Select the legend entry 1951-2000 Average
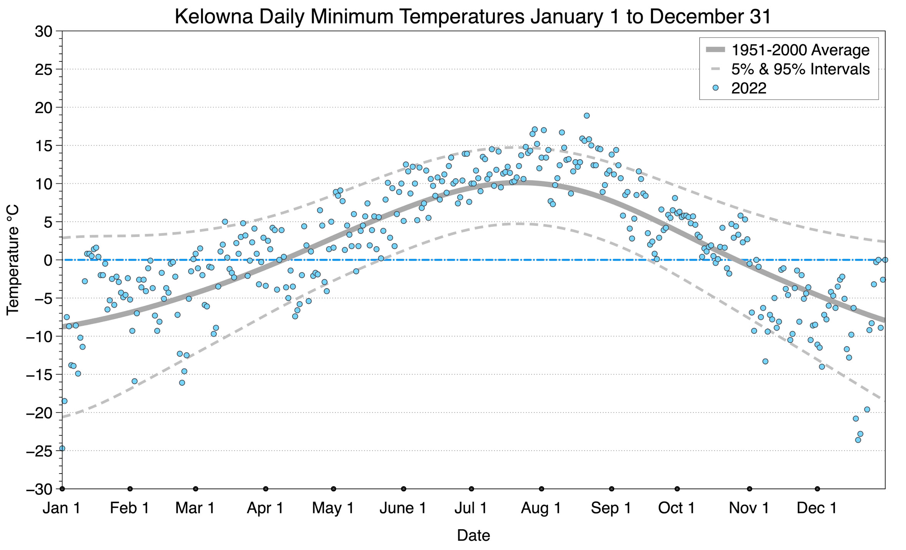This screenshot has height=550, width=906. point(800,50)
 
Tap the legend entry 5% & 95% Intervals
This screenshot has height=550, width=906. point(800,69)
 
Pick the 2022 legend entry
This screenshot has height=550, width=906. point(749,88)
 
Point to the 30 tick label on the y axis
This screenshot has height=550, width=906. point(43,31)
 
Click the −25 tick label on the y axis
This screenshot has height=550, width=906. point(39,451)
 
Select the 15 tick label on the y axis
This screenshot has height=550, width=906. point(43,146)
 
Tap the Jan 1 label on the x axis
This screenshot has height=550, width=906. point(61,508)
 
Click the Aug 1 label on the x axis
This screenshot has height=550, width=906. point(541,508)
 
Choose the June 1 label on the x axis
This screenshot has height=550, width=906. point(403,508)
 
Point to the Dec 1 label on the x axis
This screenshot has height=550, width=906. point(817,508)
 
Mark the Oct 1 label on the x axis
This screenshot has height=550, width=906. point(676,508)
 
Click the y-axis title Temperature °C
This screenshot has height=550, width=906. point(13,260)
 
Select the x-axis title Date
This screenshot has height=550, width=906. point(473,535)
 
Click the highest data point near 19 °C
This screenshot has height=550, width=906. point(587,116)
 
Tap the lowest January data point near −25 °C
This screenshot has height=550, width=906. point(62,448)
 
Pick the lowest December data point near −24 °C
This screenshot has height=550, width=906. point(858,440)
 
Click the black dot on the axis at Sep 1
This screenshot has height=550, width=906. point(612,489)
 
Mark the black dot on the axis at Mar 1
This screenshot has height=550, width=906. point(196,489)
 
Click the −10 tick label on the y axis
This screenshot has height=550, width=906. point(39,337)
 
